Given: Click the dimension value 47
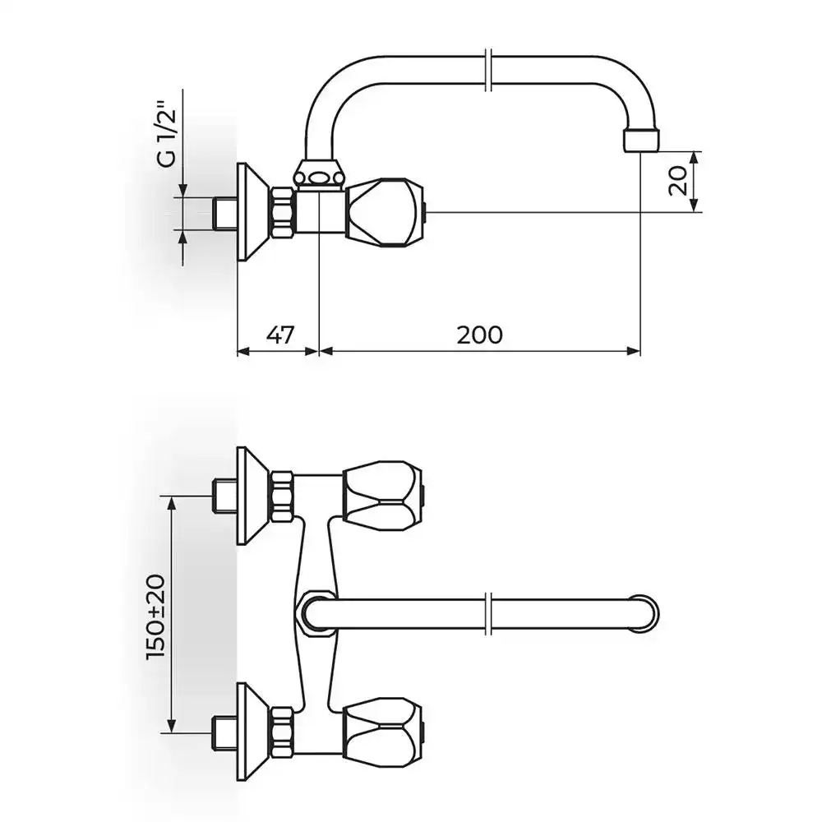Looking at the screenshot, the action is pyautogui.click(x=280, y=335).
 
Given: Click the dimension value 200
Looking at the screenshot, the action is pyautogui.click(x=479, y=335).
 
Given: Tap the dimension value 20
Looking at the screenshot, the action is pyautogui.click(x=678, y=180).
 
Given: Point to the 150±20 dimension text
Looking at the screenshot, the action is pyautogui.click(x=156, y=617).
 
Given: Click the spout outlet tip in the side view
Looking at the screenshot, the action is pyautogui.click(x=640, y=141).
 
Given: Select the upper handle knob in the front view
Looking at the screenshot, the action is pyautogui.click(x=383, y=496).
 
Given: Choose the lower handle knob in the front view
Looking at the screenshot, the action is pyautogui.click(x=383, y=732).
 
